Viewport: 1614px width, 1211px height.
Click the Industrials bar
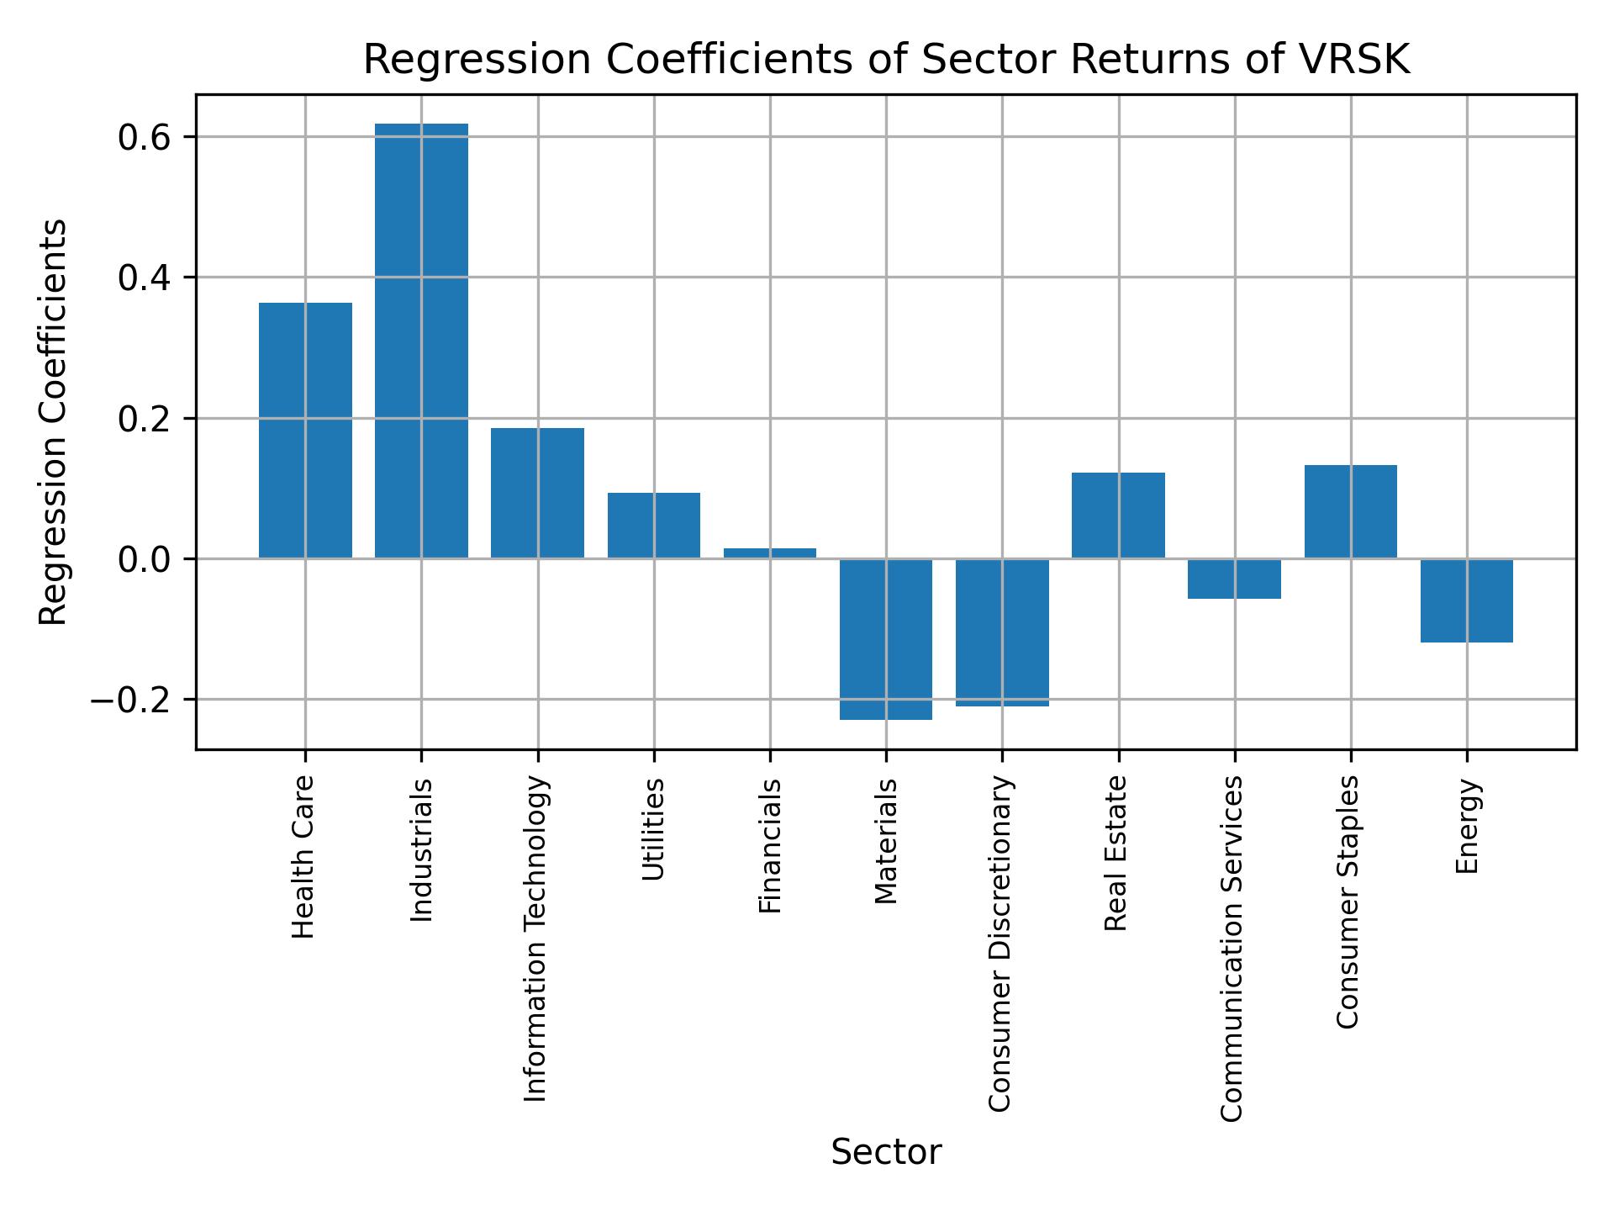(421, 341)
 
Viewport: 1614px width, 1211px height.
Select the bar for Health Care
(305, 430)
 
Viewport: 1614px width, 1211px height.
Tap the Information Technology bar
(537, 493)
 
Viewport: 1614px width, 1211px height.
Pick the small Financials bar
(770, 553)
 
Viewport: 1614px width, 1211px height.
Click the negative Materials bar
(886, 639)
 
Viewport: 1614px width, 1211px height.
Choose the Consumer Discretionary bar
(1002, 632)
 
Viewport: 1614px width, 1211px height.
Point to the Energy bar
(1467, 600)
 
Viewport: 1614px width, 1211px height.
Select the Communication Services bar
(1234, 579)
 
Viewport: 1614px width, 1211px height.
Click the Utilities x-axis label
(654, 829)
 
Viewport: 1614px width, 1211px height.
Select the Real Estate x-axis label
(1116, 853)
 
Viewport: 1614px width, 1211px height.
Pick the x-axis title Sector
(886, 1152)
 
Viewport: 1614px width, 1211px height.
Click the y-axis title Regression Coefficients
(54, 422)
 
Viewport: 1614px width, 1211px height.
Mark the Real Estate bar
(1118, 515)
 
